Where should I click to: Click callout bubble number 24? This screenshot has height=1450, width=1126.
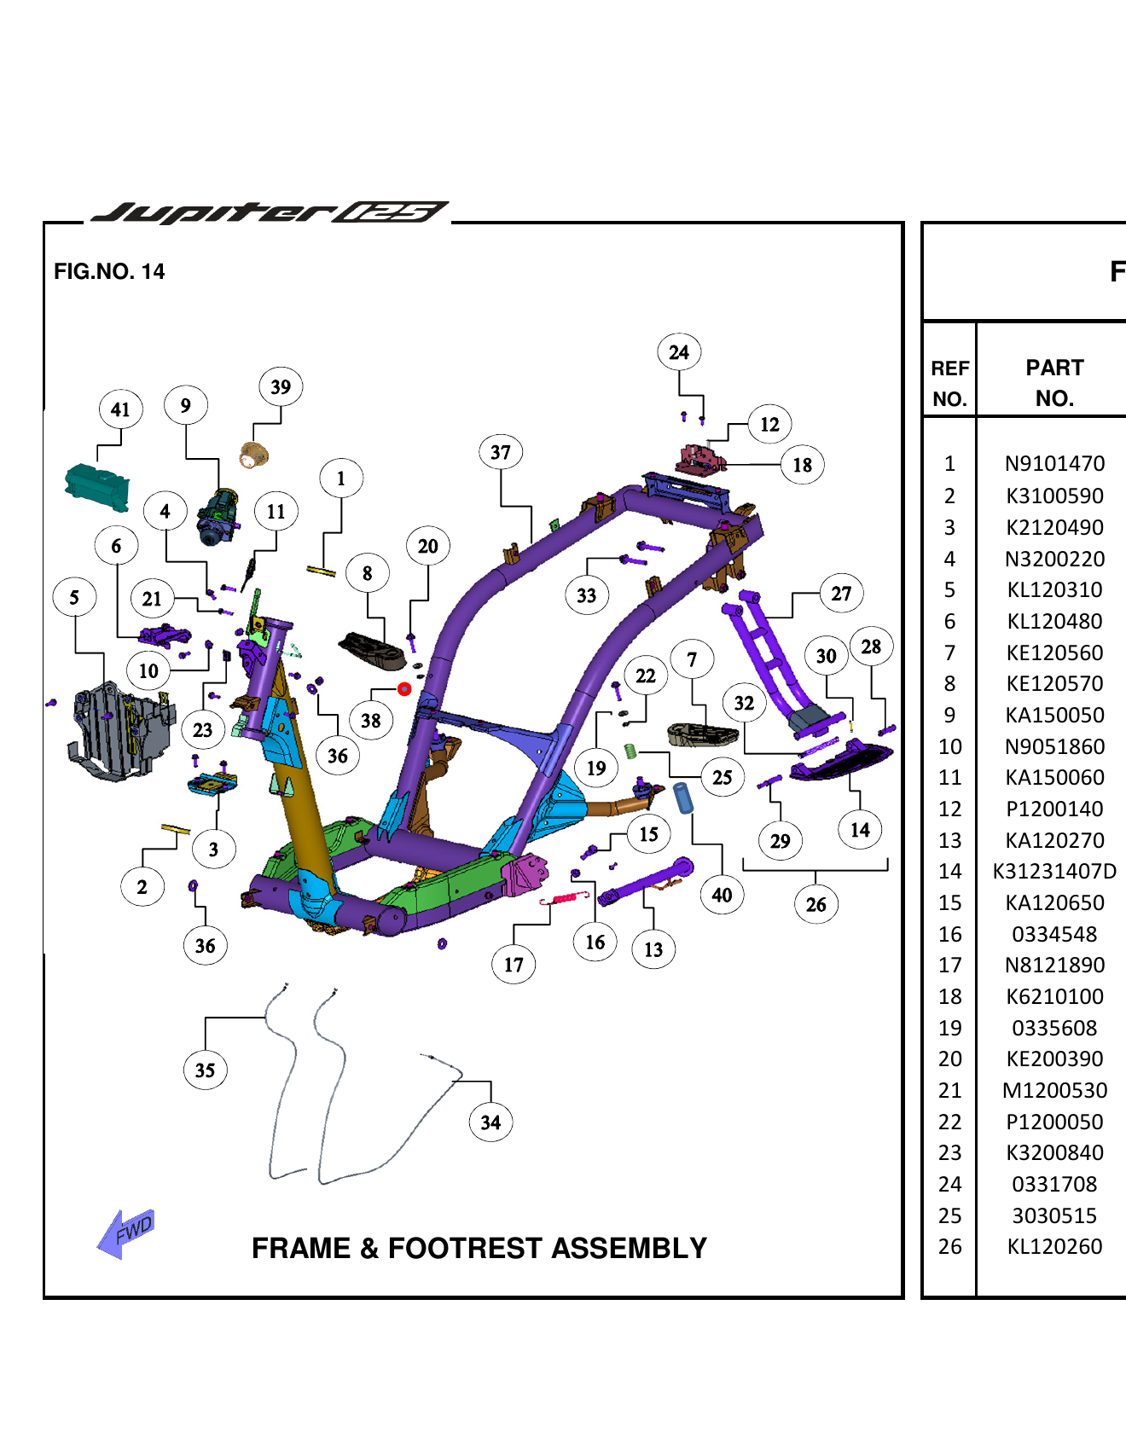[x=679, y=352]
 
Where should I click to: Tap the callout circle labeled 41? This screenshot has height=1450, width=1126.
[x=120, y=409]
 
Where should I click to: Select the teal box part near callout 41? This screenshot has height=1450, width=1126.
[x=97, y=487]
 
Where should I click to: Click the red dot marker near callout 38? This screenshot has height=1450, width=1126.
[x=404, y=688]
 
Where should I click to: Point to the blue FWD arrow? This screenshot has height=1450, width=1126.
[x=126, y=1232]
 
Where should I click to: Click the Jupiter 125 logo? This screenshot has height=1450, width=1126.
[x=269, y=212]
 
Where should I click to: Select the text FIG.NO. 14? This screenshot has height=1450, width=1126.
[x=109, y=271]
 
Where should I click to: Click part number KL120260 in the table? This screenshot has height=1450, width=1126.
[x=1054, y=1246]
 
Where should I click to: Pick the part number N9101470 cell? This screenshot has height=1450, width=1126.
[x=1054, y=463]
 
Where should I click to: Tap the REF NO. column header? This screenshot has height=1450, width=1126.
[x=949, y=383]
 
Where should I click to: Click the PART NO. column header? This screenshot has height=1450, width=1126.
[x=1054, y=383]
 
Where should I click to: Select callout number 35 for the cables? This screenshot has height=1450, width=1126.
[x=206, y=1070]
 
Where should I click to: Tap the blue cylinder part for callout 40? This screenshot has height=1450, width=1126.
[x=683, y=797]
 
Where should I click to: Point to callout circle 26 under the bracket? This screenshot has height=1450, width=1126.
[x=815, y=904]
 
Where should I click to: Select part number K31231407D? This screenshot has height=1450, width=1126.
[x=1054, y=871]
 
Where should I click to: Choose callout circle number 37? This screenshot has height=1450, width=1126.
[x=501, y=452]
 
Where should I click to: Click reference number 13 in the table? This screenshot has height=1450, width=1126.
[x=949, y=840]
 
